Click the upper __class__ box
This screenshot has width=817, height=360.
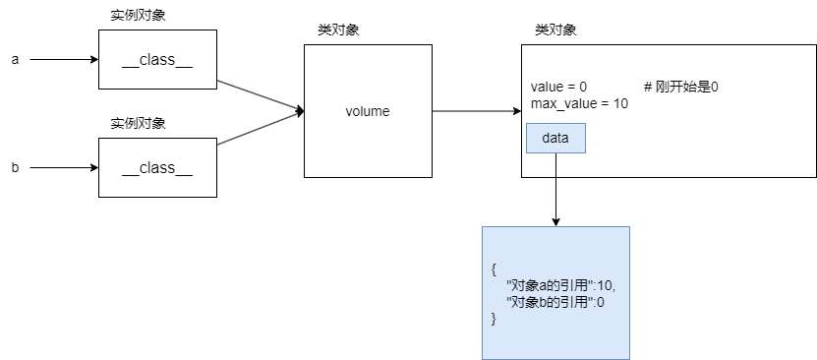pos(157,60)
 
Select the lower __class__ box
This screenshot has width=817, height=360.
pos(157,168)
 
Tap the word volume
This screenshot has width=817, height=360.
pos(368,111)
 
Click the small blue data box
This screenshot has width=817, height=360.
pos(555,138)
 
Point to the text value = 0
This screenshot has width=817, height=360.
pos(558,87)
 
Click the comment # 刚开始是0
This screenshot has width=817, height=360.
pos(681,87)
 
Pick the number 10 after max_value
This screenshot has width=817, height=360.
pos(620,103)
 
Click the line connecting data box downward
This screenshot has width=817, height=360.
pos(555,165)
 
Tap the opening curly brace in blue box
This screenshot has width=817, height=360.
pos(493,269)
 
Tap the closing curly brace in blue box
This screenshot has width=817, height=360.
pos(493,319)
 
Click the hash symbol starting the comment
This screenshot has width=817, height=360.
pos(648,87)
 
